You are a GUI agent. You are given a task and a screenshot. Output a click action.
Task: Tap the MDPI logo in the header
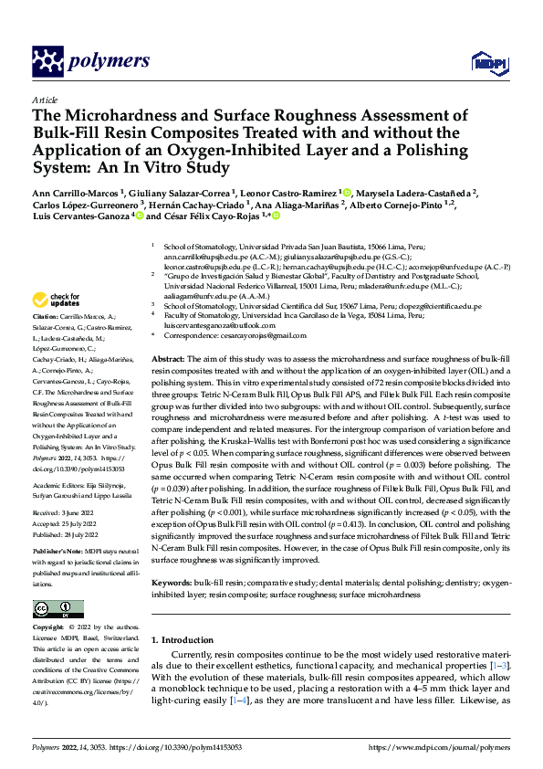point(486,61)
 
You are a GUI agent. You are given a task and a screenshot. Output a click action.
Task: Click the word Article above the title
point(44,100)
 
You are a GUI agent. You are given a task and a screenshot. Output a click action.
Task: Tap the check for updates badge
point(58,299)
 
